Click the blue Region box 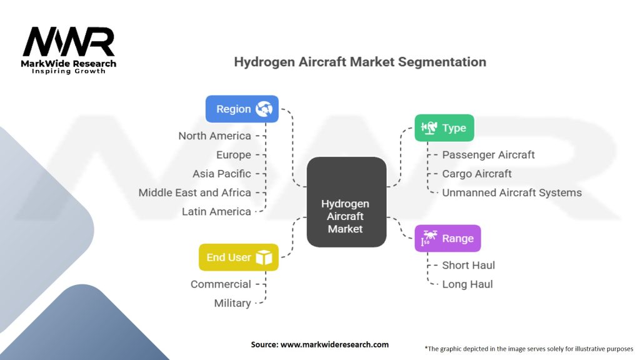click(x=242, y=109)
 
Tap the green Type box click(x=444, y=127)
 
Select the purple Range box click(x=447, y=238)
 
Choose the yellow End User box click(x=239, y=257)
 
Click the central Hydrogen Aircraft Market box click(x=346, y=202)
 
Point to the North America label click(x=215, y=136)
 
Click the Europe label click(x=234, y=155)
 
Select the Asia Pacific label click(x=222, y=174)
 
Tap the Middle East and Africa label click(x=195, y=192)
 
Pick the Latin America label click(x=216, y=211)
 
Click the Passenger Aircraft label click(x=489, y=155)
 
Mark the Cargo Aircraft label click(x=477, y=174)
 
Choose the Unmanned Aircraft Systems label click(x=512, y=192)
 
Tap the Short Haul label click(x=469, y=265)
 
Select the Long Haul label click(x=467, y=284)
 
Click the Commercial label click(x=221, y=284)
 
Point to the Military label click(x=232, y=303)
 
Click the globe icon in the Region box click(x=264, y=109)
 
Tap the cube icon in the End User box click(x=264, y=257)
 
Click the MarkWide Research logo click(x=69, y=51)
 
